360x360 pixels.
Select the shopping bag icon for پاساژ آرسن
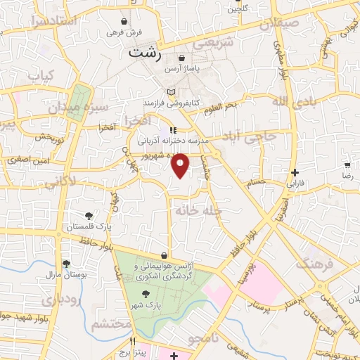pyautogui.click(x=182, y=58)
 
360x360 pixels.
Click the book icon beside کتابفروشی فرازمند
pyautogui.click(x=171, y=92)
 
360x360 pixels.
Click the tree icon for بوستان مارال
pyautogui.click(x=66, y=264)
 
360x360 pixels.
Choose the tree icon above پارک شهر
pyautogui.click(x=146, y=294)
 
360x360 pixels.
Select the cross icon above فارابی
pyautogui.click(x=295, y=172)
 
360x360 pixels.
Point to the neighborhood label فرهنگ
pyautogui.click(x=314, y=262)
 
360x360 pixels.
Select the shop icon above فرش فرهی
pyautogui.click(x=124, y=22)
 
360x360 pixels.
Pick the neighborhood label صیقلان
pyautogui.click(x=279, y=24)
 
